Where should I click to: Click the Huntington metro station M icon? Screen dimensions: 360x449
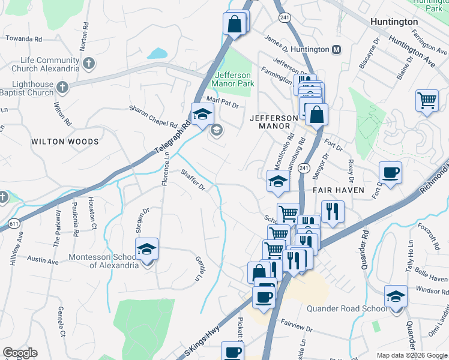336,49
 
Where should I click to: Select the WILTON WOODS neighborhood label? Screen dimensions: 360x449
65,142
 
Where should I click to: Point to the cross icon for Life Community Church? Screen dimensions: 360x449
88,63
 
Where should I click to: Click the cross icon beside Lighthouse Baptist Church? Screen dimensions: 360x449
62,89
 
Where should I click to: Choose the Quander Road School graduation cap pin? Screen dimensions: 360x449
396,297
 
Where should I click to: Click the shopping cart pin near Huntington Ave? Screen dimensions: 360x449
427,101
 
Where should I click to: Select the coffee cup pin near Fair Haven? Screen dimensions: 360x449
390,173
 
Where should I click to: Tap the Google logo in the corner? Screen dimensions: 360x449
20,353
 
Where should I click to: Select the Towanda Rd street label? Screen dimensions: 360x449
24,38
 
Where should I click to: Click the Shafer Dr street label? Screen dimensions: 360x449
193,180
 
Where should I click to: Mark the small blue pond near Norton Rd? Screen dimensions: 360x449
157,53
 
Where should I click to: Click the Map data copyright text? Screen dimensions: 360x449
411,355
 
